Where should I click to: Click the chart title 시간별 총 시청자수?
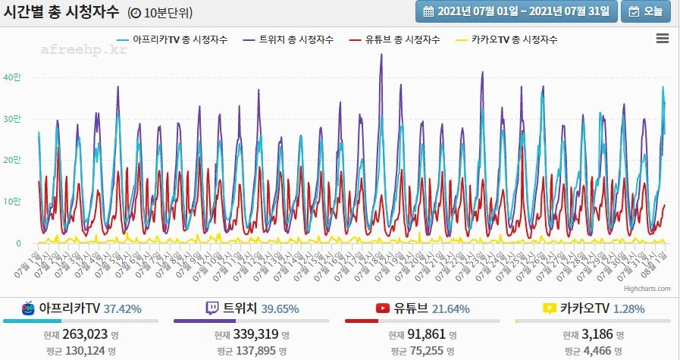(x=61, y=11)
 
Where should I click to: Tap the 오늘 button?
(x=647, y=11)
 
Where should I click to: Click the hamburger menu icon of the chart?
(x=662, y=39)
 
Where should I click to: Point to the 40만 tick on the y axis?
(x=13, y=77)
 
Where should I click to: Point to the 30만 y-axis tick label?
(x=13, y=119)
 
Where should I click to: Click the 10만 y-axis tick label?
(x=13, y=202)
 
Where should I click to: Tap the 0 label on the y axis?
(x=18, y=243)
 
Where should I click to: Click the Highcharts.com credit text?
(x=648, y=289)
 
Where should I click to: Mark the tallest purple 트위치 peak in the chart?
(x=381, y=55)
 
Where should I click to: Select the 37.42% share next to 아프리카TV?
(x=123, y=308)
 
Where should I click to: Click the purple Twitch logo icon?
(x=212, y=308)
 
